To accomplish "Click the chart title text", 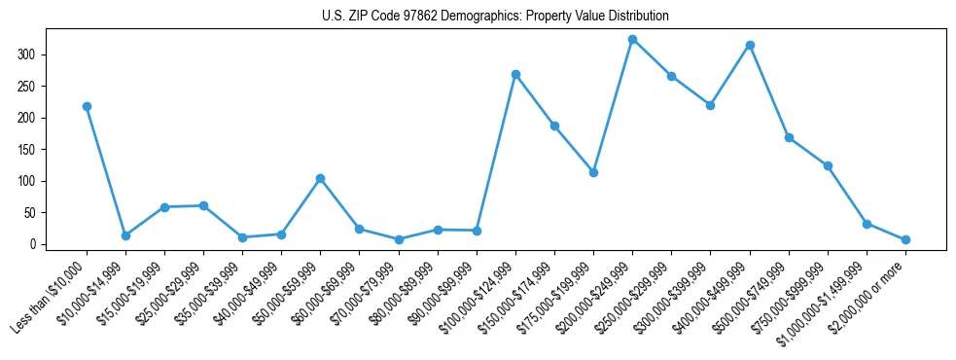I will tap(495, 17).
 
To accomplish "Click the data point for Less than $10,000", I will tap(87, 106).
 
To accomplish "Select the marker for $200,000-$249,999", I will tap(632, 40).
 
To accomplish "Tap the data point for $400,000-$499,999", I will tap(750, 45).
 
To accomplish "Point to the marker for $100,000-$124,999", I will tap(515, 74).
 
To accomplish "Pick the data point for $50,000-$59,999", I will tap(320, 178).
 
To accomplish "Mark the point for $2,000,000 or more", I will tap(905, 239).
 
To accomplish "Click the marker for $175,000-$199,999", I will tap(593, 172).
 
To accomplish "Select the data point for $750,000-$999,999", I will tap(828, 165).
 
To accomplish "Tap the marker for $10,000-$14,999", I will tap(125, 235).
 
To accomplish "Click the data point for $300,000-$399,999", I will tap(710, 105).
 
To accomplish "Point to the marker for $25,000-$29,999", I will tap(203, 205).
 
